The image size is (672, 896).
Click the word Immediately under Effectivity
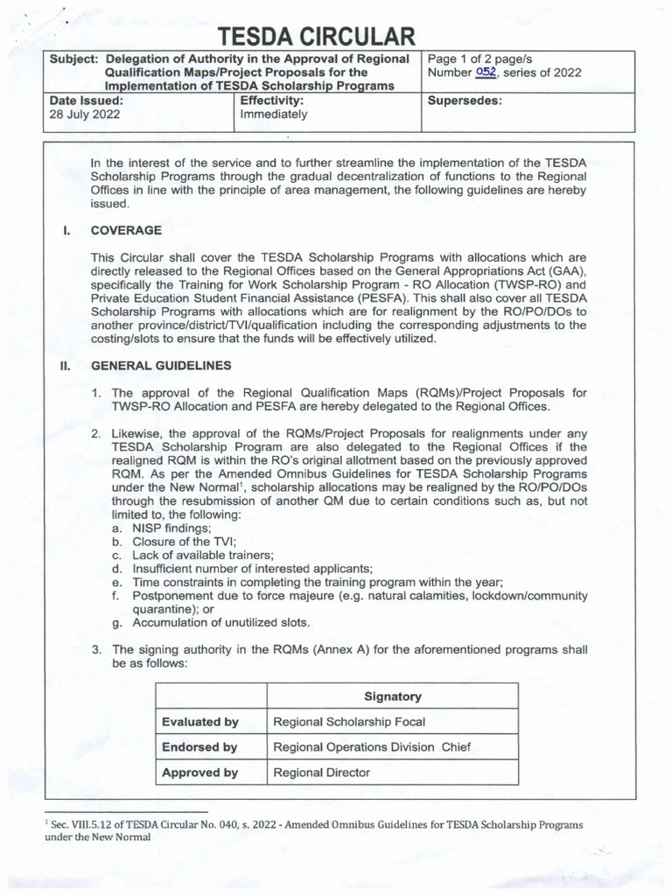coord(274,114)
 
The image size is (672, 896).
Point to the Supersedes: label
coord(463,101)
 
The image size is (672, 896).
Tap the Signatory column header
coord(392,696)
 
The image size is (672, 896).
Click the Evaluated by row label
coord(199,722)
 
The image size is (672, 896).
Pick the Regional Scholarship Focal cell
coord(349,722)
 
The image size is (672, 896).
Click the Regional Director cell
coord(321,773)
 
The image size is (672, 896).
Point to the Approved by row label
coord(199,773)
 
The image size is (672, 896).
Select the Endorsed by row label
coord(199,747)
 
